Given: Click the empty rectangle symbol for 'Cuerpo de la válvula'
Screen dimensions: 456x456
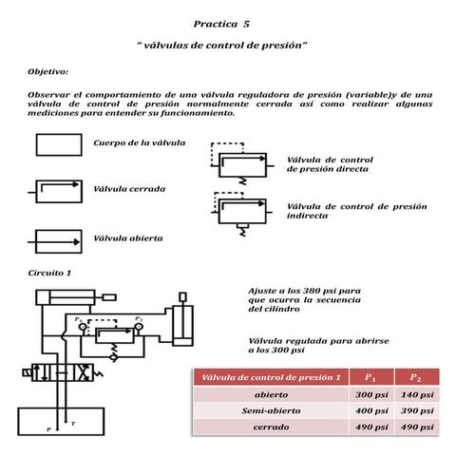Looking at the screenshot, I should (x=59, y=144).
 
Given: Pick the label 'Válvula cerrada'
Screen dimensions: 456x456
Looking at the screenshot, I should (x=128, y=188).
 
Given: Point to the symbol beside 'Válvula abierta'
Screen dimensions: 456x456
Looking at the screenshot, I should (x=59, y=237).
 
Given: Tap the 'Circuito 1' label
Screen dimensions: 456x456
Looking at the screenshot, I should (x=49, y=274).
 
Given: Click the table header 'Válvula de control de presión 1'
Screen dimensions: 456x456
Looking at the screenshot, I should (x=271, y=377).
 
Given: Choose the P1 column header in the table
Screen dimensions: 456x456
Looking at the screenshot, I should (x=370, y=377).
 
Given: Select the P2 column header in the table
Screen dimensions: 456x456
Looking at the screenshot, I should (x=416, y=377).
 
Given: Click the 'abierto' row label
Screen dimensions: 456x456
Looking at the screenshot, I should (x=271, y=394).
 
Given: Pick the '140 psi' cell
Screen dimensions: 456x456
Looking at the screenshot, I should (x=417, y=394).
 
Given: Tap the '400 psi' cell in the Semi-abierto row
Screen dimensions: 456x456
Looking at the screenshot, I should (x=370, y=410).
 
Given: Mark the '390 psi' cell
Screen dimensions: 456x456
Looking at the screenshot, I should (x=417, y=410).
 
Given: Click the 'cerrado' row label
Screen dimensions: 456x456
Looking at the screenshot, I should (x=271, y=427).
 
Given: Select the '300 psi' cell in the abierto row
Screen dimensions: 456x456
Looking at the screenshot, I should (x=370, y=394).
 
